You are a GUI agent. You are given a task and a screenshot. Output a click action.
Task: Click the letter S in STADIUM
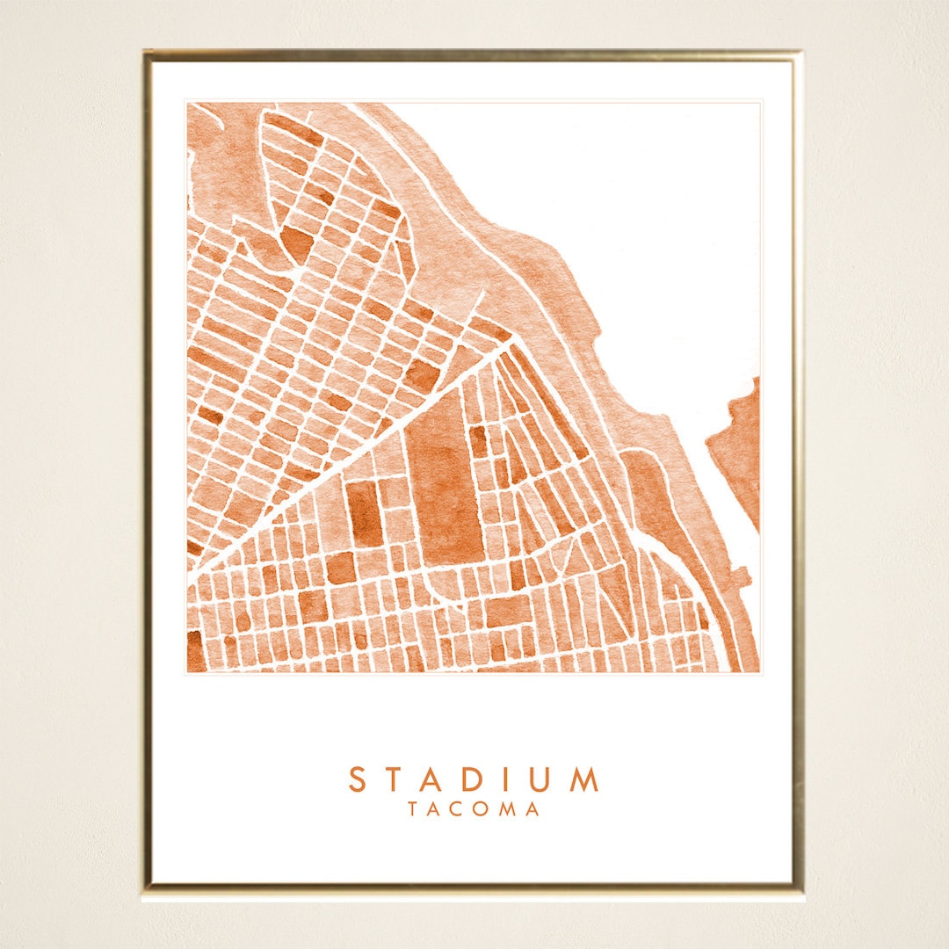click(357, 779)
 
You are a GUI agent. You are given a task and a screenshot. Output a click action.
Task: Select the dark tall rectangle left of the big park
click(364, 513)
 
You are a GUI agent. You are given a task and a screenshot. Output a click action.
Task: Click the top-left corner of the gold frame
click(147, 54)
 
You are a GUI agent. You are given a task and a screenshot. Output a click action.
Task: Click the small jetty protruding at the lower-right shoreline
click(743, 576)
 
